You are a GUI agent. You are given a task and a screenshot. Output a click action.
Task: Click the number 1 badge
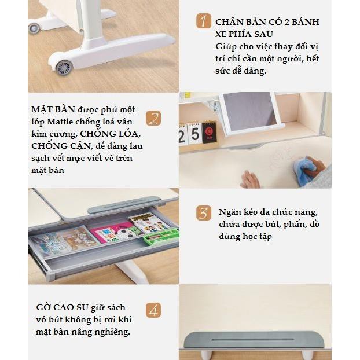click(x=203, y=22)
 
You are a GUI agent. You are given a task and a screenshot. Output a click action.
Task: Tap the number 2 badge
click(x=153, y=118)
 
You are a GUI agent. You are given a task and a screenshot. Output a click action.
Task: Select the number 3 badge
click(x=203, y=212)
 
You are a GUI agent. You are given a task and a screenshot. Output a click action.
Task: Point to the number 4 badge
click(x=153, y=311)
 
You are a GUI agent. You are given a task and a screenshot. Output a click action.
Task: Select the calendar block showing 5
click(x=196, y=135)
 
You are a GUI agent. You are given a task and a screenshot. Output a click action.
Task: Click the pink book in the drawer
click(x=109, y=234)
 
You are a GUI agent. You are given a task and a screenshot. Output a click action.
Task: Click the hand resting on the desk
click(x=251, y=181)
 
